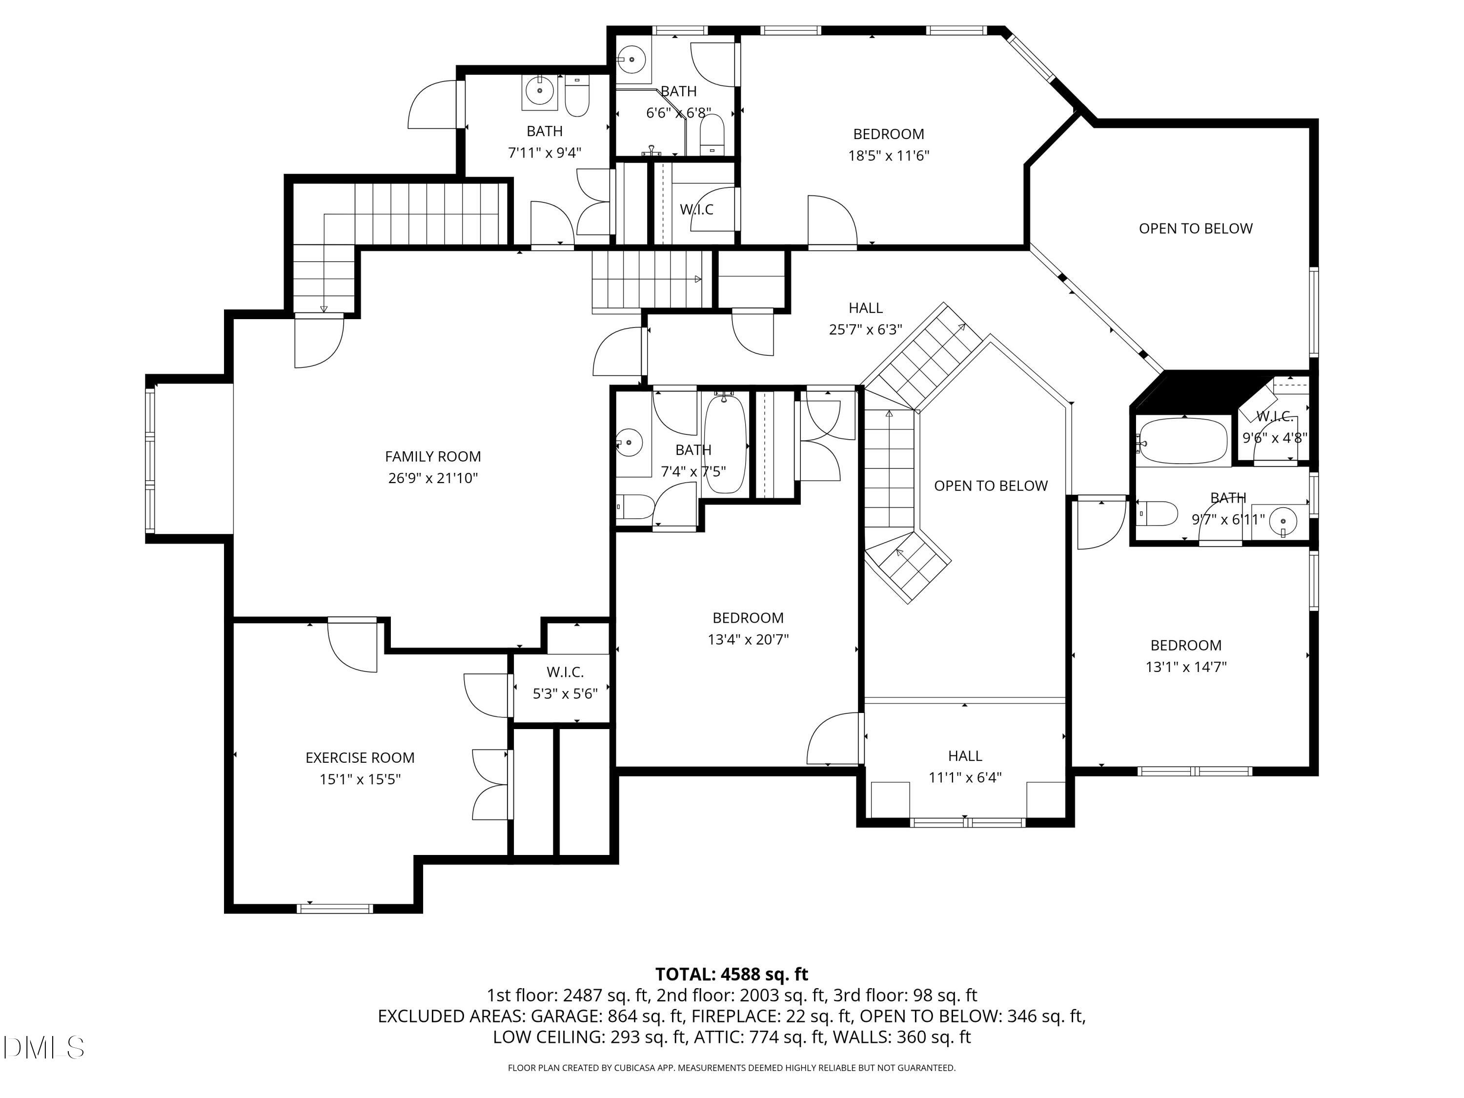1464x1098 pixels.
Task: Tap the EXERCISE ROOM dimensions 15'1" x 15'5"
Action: (360, 779)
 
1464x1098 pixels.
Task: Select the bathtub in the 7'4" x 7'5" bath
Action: (725, 442)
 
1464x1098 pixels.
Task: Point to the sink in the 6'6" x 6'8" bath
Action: (631, 60)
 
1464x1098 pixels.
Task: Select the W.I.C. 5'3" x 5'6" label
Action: (565, 682)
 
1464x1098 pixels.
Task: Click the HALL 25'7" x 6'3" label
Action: (865, 318)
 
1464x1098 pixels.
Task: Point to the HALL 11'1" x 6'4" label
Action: (964, 766)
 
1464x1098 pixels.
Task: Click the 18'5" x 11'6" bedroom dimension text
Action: (888, 156)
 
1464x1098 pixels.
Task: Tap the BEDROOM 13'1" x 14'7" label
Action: (1185, 655)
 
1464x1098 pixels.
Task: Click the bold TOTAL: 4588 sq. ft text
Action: (732, 974)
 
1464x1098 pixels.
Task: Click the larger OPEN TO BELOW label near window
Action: (1195, 228)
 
